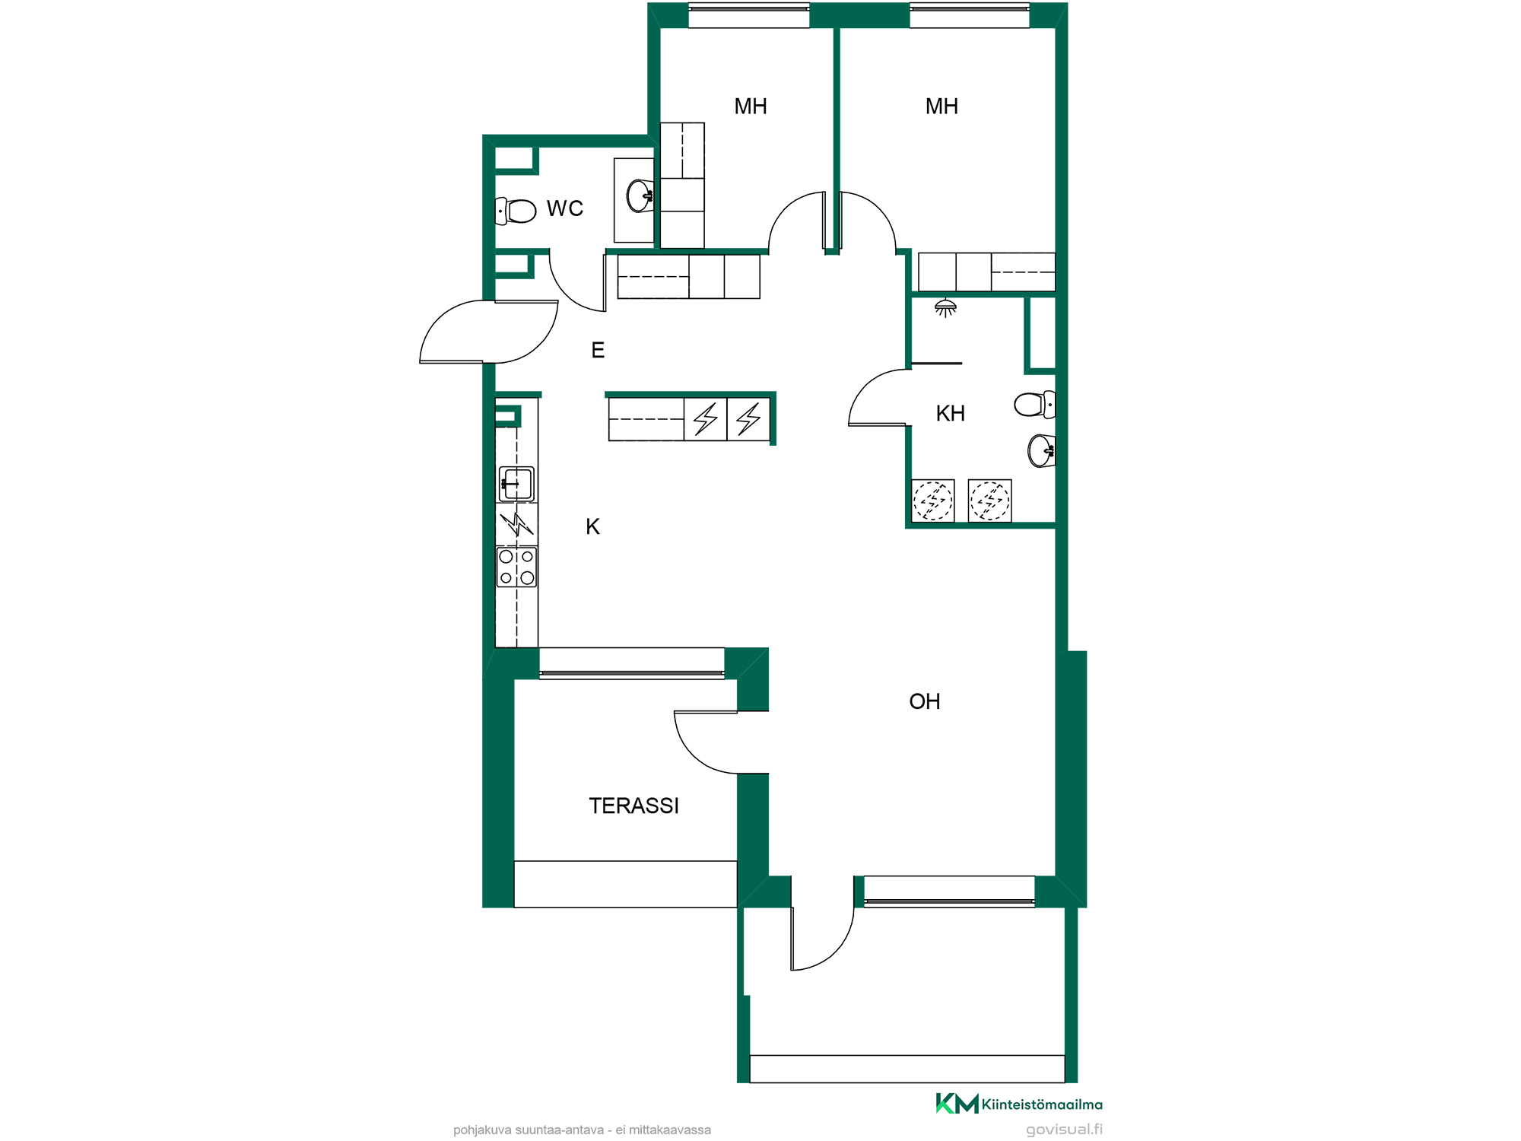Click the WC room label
564,208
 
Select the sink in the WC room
640,195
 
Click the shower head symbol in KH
945,307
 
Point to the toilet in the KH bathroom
1035,404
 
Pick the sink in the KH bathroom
1041,450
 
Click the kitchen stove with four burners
516,567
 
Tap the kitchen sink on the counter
516,484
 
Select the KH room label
950,414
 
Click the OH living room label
925,701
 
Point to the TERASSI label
633,806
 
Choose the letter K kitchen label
593,526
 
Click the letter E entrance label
599,350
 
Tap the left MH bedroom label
751,106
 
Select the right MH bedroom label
941,106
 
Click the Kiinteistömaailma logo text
1042,1104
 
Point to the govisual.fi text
1064,1130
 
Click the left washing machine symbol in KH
933,501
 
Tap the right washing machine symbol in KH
989,501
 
